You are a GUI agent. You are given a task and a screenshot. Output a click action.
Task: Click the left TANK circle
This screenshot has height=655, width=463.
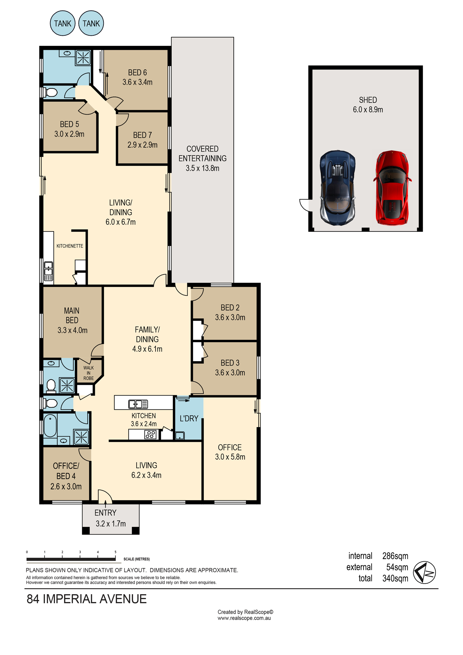63,23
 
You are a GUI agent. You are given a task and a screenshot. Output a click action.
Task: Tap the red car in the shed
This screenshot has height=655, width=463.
392,188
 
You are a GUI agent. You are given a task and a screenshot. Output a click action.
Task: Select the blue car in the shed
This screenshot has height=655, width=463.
338,188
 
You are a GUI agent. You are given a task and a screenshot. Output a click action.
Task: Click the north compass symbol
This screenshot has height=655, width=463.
424,572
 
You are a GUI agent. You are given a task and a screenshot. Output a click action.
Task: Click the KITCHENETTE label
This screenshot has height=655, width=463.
70,246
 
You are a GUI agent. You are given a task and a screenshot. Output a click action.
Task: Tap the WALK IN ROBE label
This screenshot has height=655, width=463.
88,373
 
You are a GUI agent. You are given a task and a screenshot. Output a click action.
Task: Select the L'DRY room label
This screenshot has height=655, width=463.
189,419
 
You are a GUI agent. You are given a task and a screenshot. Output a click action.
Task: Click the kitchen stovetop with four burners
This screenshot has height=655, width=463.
150,435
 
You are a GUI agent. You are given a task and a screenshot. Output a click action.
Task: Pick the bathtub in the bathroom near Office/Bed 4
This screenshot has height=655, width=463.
50,425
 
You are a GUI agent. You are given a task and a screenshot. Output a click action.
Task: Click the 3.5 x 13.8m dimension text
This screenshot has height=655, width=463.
202,168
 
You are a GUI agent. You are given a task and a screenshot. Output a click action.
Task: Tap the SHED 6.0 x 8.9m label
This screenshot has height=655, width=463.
368,105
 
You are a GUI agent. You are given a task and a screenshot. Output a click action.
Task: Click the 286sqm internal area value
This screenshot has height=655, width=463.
395,556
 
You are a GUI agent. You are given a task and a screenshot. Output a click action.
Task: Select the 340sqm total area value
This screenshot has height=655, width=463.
395,578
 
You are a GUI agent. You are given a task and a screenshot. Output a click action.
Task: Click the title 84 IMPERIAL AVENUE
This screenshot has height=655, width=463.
86,599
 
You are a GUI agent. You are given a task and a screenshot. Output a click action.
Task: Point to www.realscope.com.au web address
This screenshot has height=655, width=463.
244,618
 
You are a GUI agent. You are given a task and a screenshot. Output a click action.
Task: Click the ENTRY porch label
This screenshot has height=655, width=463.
105,513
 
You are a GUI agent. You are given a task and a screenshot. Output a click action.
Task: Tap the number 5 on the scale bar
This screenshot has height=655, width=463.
115,552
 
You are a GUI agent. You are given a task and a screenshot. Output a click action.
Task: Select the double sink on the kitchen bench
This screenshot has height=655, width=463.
138,404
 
